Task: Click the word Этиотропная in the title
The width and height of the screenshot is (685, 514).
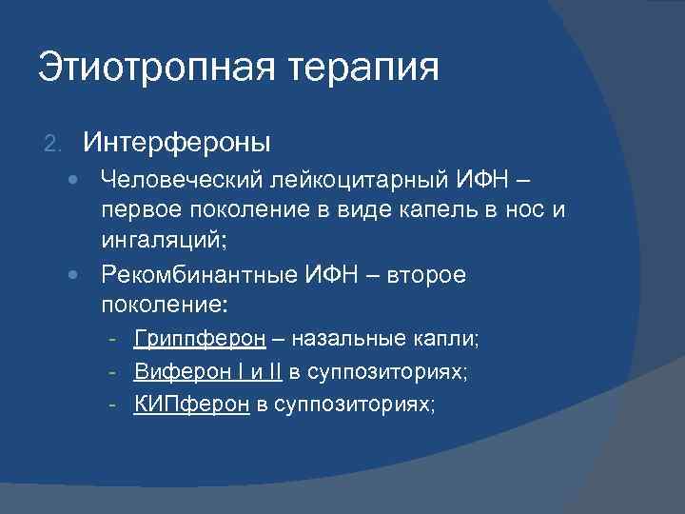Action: pos(143,69)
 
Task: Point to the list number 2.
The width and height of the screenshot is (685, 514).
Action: pos(52,144)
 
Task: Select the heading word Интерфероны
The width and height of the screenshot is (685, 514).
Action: pos(177,143)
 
